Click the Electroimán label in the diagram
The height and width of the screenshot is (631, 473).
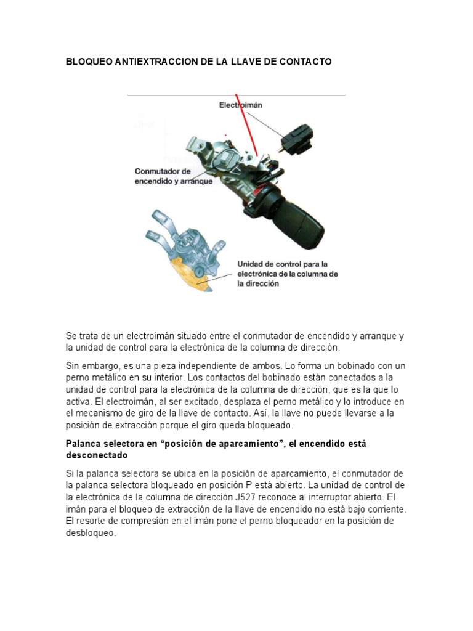point(241,105)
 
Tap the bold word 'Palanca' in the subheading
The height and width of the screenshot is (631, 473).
point(83,444)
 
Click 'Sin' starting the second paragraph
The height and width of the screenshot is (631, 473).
point(73,365)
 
